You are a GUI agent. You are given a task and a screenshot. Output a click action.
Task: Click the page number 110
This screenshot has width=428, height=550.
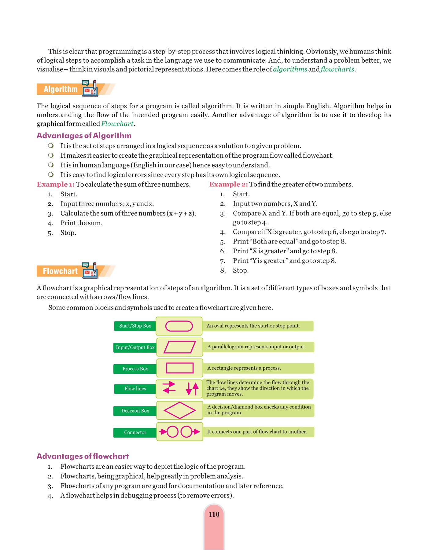tap(214, 514)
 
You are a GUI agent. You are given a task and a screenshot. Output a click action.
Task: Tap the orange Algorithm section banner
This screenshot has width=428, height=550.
tap(61, 89)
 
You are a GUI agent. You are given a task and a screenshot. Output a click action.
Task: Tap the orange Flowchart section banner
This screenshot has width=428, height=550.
tap(60, 271)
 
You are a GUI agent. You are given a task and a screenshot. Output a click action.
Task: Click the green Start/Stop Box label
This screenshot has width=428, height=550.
tap(135, 326)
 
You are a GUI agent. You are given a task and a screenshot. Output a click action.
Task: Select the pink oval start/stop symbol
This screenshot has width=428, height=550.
tap(179, 326)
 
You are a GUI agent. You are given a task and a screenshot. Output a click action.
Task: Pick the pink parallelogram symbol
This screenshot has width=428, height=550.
tap(180, 347)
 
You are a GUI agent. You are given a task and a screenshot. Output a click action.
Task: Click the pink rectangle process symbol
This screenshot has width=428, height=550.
tap(180, 368)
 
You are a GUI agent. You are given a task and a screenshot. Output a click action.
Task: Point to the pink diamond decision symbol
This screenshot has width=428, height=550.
tap(180, 410)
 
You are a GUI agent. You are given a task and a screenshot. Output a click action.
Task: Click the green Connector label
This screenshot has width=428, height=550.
tap(135, 432)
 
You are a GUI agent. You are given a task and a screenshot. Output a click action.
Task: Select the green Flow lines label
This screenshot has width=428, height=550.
tap(135, 389)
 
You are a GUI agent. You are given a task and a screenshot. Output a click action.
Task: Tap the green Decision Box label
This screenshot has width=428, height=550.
tap(135, 411)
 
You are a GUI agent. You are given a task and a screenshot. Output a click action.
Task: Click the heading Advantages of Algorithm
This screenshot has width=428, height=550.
tap(84, 135)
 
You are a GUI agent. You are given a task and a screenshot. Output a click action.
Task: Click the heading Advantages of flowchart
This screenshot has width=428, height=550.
tap(83, 456)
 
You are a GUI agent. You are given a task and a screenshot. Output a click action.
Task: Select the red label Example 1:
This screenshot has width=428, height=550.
tap(56, 184)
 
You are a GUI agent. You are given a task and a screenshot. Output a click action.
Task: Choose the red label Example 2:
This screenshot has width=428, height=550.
tap(228, 184)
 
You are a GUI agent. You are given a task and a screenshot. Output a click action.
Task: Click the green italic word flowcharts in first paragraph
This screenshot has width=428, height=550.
tap(337, 69)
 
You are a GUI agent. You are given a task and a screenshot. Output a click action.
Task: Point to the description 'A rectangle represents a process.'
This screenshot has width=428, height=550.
tap(244, 368)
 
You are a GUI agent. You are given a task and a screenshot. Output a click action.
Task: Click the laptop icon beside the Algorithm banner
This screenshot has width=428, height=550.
tap(90, 89)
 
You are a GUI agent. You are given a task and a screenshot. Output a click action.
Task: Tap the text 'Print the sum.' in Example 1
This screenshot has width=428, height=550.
tap(81, 223)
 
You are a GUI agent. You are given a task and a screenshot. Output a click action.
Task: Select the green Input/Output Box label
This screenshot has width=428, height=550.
tap(135, 347)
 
